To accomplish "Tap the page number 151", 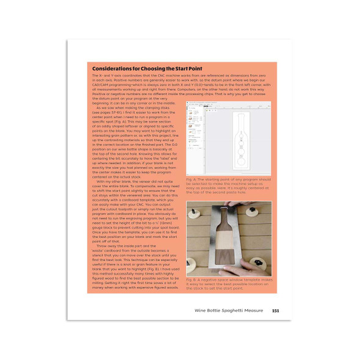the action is tap(275, 311).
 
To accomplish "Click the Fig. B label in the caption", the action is tap(192, 279).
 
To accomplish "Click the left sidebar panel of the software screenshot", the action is tap(195, 137).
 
